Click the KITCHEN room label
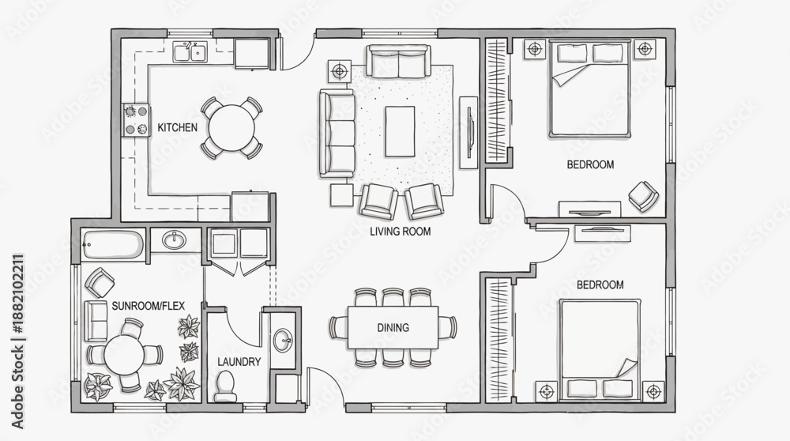click(x=177, y=127)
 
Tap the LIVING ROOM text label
click(x=400, y=232)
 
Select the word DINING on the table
click(x=393, y=328)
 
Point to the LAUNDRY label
click(x=239, y=362)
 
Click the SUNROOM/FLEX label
click(x=149, y=306)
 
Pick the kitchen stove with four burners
click(x=136, y=120)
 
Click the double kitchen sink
click(x=190, y=52)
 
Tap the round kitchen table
click(x=231, y=127)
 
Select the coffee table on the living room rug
click(x=400, y=131)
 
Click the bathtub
click(x=113, y=245)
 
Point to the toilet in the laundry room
click(x=225, y=386)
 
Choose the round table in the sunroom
click(x=124, y=354)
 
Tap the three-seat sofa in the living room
click(x=337, y=134)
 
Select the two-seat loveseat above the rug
click(x=398, y=62)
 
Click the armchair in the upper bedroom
click(x=643, y=195)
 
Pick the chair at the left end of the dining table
click(x=337, y=327)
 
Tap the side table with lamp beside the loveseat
click(x=340, y=71)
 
